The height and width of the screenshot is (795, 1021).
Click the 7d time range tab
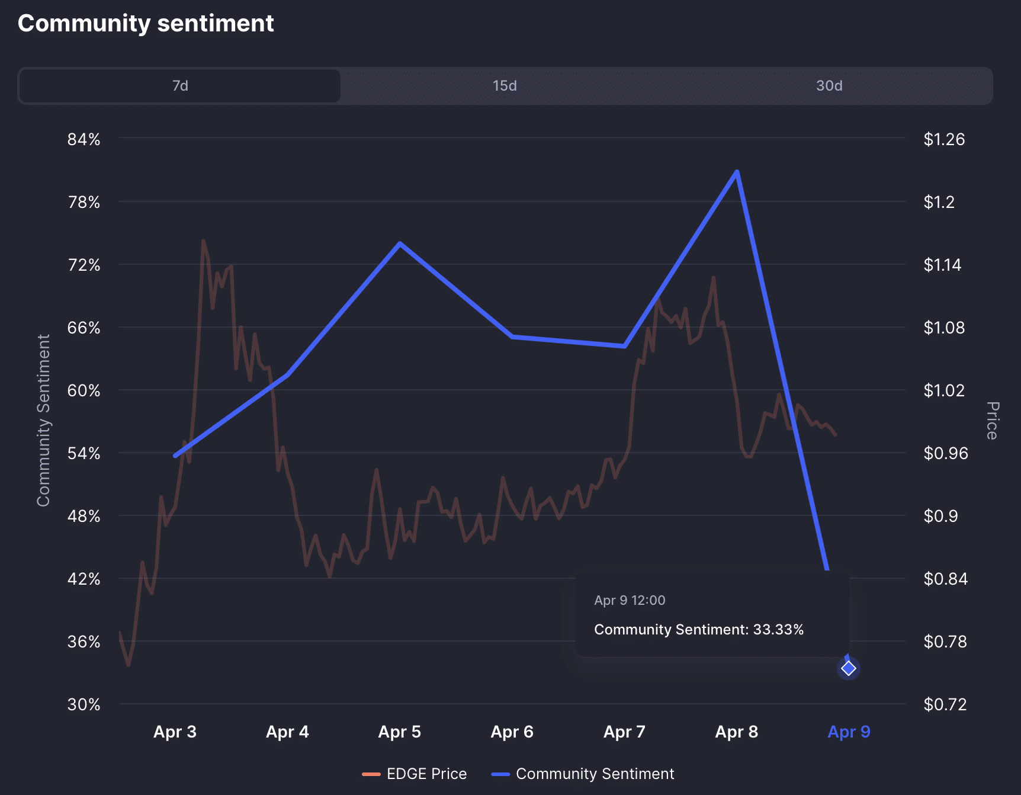click(180, 86)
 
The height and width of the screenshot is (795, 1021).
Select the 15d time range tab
click(505, 86)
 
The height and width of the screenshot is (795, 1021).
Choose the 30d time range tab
click(829, 86)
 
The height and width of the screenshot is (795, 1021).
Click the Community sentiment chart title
click(146, 24)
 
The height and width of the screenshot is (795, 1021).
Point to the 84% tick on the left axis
click(84, 140)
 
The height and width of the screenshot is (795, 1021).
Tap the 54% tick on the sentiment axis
click(84, 454)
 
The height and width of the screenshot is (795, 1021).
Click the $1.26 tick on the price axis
click(944, 140)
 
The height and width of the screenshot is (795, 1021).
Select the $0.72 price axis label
click(945, 704)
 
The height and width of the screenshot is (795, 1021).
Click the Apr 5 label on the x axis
click(399, 732)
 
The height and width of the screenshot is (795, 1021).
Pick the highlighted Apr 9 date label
click(848, 732)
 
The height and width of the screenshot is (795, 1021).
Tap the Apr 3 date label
click(175, 732)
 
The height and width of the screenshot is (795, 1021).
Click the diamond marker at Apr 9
click(849, 668)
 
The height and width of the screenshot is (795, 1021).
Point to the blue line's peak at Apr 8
click(737, 172)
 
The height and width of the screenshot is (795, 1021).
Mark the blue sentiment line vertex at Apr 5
click(400, 243)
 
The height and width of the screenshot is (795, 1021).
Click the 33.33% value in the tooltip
click(778, 630)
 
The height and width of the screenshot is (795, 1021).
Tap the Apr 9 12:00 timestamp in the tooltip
click(630, 601)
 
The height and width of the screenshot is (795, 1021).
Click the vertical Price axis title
click(993, 421)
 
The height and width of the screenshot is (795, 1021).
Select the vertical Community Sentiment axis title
click(43, 421)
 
